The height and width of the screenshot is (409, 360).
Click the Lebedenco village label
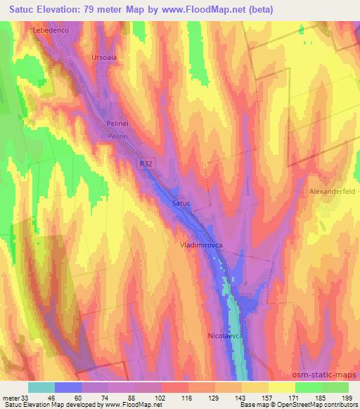53,31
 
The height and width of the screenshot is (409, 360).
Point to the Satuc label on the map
181,203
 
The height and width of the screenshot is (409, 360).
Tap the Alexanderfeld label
333,191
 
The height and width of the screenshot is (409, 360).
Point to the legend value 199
347,396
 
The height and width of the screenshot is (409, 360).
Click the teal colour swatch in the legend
41,387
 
